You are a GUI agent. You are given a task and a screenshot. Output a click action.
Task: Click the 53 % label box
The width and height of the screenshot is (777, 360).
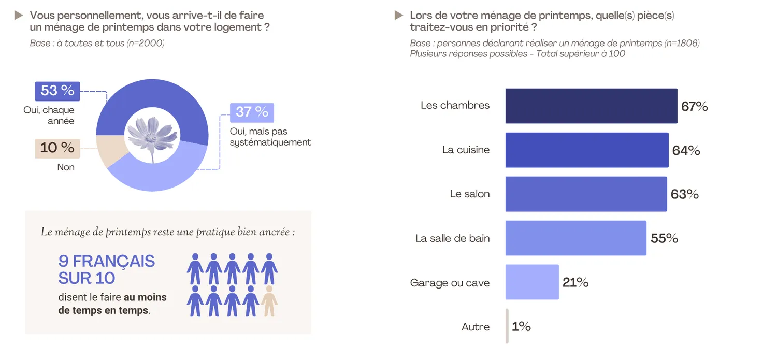point(57,91)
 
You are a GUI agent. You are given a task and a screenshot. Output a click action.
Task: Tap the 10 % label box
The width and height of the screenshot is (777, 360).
point(57,148)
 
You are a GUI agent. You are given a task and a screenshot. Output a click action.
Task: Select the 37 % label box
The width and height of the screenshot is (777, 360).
point(252,112)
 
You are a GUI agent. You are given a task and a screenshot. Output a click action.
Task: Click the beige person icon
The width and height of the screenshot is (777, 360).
point(269,301)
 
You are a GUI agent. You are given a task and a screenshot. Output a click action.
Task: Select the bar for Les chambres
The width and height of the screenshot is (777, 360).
point(591,106)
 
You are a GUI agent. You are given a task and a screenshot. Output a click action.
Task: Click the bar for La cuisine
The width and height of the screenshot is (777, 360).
point(586,150)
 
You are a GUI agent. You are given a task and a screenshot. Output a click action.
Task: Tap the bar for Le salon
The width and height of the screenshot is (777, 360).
point(586,194)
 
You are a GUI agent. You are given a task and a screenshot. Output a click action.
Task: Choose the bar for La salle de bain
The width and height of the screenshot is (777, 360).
point(575,238)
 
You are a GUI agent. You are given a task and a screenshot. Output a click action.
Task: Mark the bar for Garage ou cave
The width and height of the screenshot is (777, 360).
point(532,282)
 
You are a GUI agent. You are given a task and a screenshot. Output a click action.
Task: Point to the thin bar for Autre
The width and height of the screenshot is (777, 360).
point(507,326)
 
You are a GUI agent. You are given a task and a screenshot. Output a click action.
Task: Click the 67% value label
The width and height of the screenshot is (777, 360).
point(694,107)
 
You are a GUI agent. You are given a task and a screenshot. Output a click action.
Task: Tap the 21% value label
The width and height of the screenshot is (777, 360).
point(575,283)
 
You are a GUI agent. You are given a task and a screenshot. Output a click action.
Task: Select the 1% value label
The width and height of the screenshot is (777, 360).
point(521,327)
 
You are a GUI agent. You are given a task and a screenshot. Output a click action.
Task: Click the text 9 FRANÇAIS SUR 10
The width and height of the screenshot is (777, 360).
point(106,269)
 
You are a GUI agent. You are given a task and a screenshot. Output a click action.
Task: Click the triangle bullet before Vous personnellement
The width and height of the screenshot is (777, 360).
point(19,16)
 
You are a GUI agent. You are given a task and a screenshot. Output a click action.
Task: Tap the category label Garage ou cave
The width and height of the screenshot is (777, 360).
point(450,283)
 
